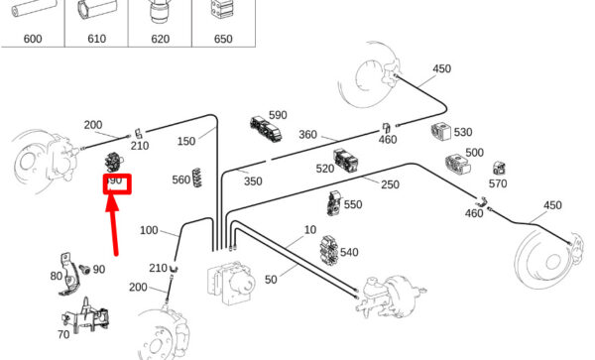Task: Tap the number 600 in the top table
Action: (x=33, y=39)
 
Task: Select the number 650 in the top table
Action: (x=223, y=39)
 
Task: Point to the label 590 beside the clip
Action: (x=278, y=115)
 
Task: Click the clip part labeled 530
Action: (x=441, y=131)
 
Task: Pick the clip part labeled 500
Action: (x=457, y=164)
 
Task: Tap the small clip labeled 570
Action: (x=499, y=168)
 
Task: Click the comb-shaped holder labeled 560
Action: (x=197, y=178)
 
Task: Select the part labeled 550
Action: (x=333, y=203)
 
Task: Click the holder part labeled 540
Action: (x=328, y=250)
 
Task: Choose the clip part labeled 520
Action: (x=346, y=160)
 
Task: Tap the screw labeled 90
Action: (x=84, y=269)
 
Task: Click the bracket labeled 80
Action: (x=68, y=275)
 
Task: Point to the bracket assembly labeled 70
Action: (x=86, y=316)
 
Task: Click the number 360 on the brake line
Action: (x=307, y=135)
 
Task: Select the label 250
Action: (x=390, y=184)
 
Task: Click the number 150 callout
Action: (x=186, y=141)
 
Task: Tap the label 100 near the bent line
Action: (x=149, y=230)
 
